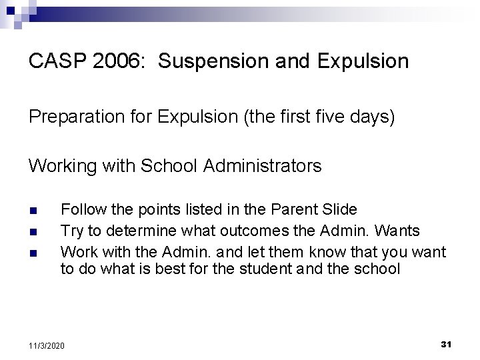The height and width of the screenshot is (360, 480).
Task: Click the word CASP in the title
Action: [55, 62]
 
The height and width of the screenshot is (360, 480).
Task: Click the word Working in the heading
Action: [62, 166]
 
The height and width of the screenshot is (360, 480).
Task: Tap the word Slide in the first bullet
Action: [339, 209]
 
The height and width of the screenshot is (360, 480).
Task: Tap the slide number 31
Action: [447, 344]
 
